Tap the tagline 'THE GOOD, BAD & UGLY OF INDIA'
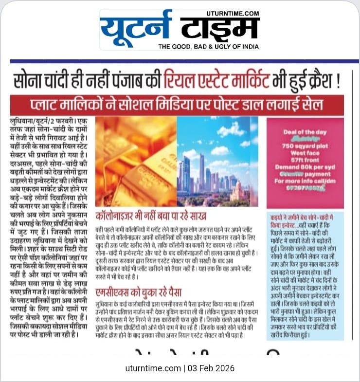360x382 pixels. click(209, 46)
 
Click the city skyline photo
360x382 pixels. click(217, 162)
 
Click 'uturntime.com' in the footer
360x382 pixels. click(152, 368)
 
